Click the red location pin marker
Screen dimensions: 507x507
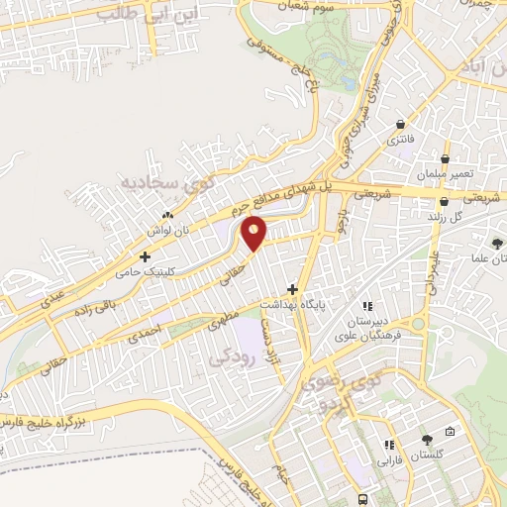pos(254,233)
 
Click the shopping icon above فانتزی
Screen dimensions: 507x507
pos(399,125)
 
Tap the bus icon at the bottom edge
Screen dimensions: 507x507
pos(364,499)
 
